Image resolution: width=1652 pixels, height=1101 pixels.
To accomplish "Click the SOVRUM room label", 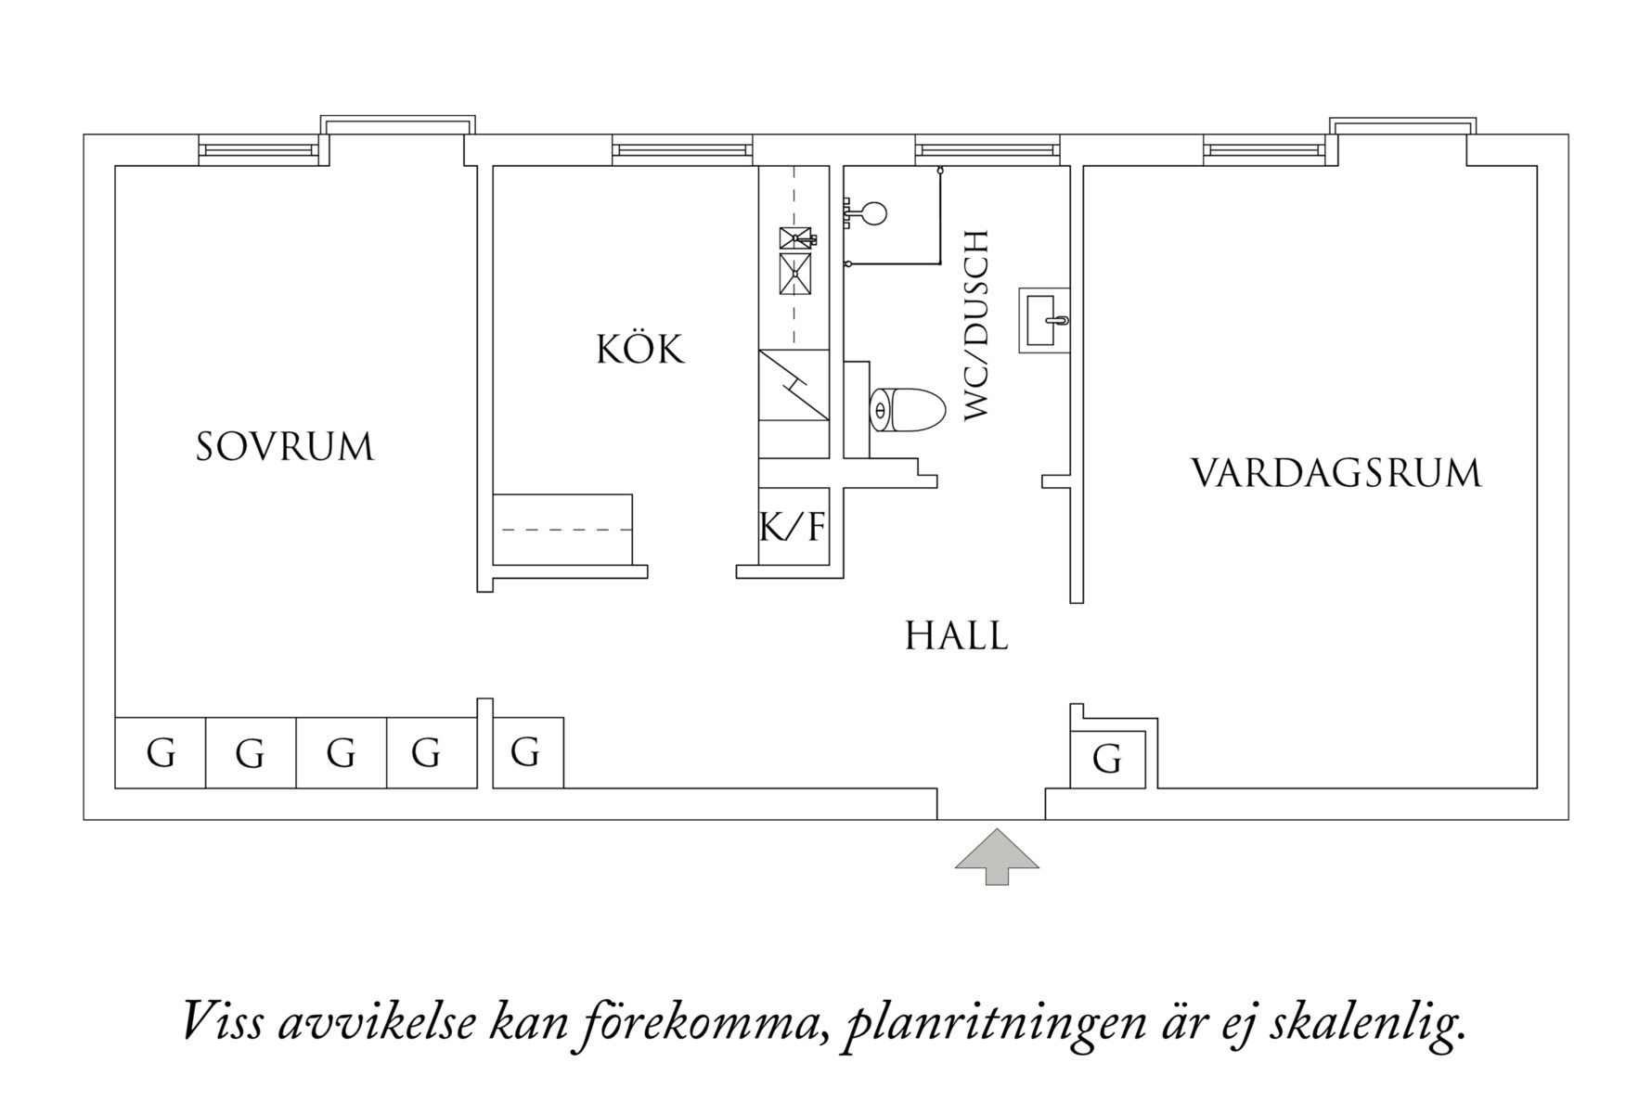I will (x=284, y=447).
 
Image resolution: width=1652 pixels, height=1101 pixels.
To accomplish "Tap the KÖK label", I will (x=639, y=351).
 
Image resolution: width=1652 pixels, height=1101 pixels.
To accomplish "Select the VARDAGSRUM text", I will (x=1336, y=473).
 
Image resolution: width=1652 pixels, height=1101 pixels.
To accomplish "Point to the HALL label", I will (x=956, y=637).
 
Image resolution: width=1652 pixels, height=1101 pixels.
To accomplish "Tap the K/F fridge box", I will (x=793, y=527).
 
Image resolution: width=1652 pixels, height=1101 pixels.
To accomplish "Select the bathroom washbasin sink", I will (x=1045, y=320).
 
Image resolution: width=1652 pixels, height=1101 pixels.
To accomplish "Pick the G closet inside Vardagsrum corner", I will (x=1106, y=759).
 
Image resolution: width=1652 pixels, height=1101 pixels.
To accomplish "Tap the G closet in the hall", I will (x=526, y=752).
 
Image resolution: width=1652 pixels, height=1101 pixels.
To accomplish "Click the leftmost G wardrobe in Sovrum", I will (x=160, y=753).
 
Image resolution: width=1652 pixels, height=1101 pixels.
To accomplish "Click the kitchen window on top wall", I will (x=681, y=149).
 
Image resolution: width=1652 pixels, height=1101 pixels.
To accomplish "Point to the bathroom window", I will (x=986, y=149).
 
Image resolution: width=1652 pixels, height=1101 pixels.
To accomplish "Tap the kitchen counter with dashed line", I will (x=562, y=530).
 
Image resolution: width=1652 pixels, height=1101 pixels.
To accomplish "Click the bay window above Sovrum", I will (x=397, y=125).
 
